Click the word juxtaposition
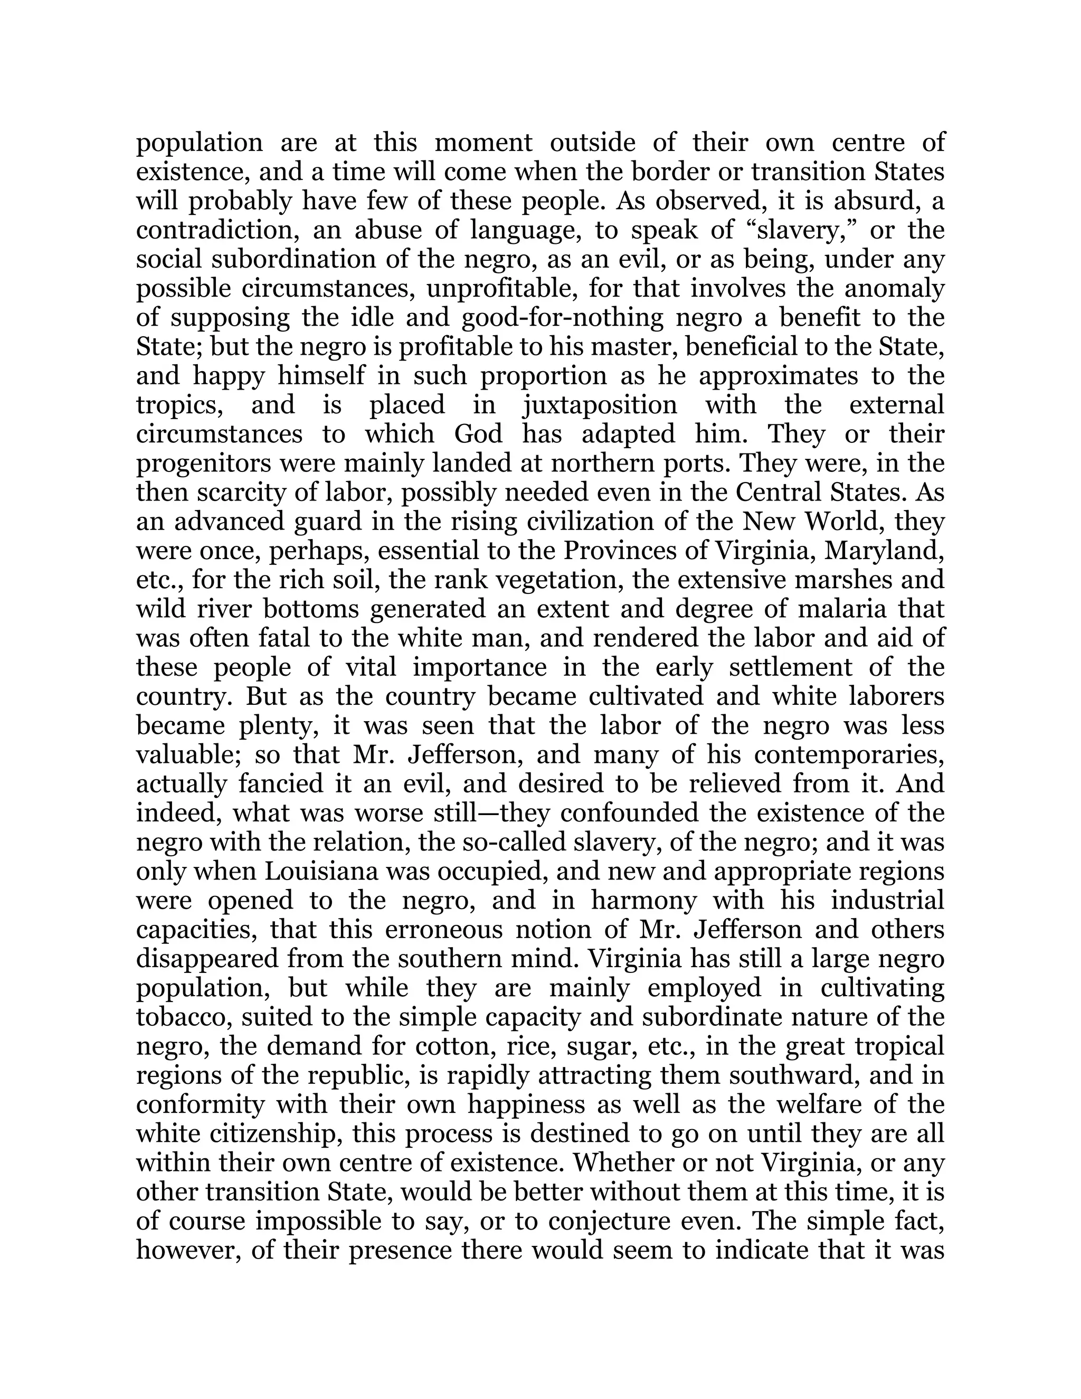pyautogui.click(x=600, y=405)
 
